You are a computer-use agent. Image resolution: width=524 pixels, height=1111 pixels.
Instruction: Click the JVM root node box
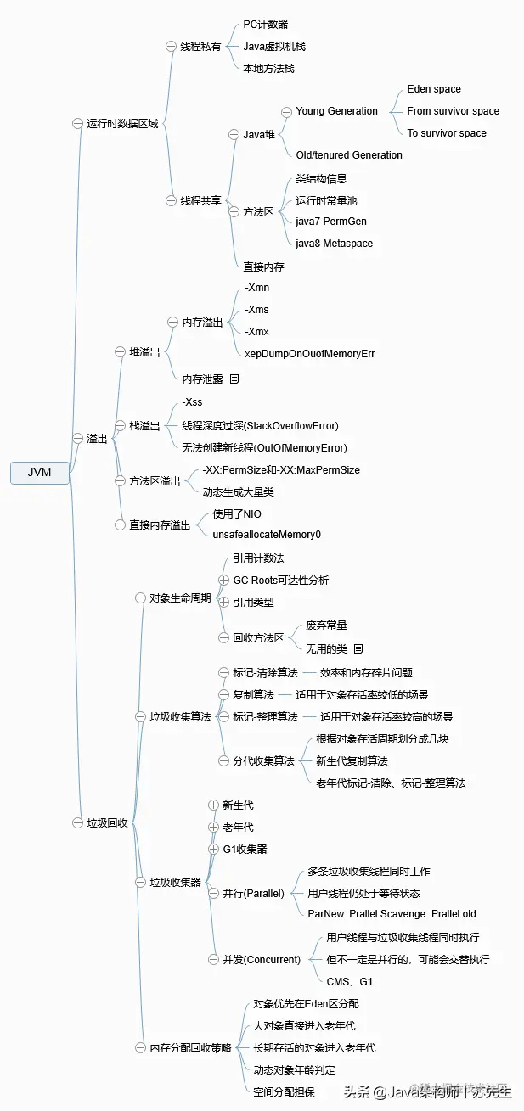39,473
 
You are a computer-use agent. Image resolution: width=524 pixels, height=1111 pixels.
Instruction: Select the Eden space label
433,89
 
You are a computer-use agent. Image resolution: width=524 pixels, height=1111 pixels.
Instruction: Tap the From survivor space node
453,111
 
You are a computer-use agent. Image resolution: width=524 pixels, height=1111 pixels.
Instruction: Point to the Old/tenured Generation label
348,155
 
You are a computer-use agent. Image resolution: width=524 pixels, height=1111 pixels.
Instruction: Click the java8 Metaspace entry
334,244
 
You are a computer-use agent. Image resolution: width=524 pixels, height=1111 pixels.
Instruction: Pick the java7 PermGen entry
331,222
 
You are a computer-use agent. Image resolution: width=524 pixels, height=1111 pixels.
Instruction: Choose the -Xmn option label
256,288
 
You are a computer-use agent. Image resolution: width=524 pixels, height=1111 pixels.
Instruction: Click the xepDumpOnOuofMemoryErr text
309,354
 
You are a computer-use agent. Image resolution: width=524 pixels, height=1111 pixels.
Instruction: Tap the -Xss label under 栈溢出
192,402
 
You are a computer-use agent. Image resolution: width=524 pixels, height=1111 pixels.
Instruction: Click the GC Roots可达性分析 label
280,581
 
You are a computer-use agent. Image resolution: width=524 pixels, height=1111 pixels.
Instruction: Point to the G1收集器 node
245,849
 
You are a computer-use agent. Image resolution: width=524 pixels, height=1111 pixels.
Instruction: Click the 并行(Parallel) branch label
253,894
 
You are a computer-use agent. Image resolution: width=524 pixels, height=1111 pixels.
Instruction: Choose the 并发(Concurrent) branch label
262,960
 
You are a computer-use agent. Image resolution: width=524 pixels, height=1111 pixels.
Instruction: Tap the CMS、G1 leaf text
349,982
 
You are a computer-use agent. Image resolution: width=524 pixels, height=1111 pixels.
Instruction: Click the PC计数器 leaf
265,25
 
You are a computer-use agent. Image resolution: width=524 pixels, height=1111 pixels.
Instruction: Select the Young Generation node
336,111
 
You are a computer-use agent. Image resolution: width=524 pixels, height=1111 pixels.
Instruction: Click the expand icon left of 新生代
214,805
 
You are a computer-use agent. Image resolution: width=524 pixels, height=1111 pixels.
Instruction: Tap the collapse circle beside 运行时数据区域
77,124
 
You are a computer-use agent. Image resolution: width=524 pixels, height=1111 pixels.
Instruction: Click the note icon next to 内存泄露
234,379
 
